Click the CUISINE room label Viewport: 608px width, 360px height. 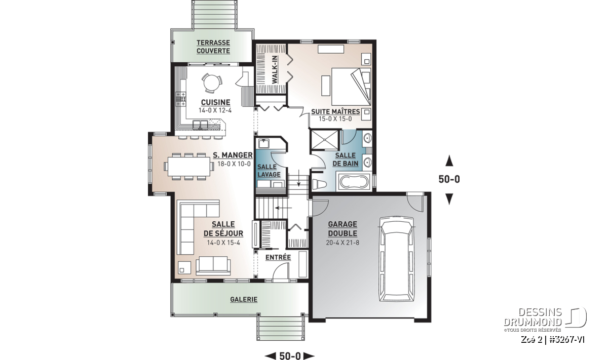tap(215, 102)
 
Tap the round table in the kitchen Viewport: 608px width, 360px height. tap(212, 83)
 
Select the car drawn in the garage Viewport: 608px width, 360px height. tap(397, 259)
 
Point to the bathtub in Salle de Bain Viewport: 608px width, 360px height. tap(354, 181)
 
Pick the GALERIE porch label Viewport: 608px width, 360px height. tap(244, 299)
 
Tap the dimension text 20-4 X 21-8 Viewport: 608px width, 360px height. tap(343, 243)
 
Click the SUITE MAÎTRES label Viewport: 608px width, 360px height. tap(335, 111)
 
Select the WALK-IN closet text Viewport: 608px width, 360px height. tap(275, 69)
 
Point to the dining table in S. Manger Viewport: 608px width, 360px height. tap(189, 166)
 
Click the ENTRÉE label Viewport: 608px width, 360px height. tap(278, 257)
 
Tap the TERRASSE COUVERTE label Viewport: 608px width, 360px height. tap(213, 47)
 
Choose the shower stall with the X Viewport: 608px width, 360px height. tap(325, 140)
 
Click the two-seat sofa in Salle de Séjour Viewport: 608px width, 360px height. tap(213, 265)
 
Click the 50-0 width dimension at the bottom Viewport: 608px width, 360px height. tap(290, 355)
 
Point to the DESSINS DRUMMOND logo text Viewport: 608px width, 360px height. tap(533, 317)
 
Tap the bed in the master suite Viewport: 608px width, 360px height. tap(351, 87)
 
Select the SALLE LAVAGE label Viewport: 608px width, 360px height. tap(269, 171)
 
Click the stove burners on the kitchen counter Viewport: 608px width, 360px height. tap(181, 99)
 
